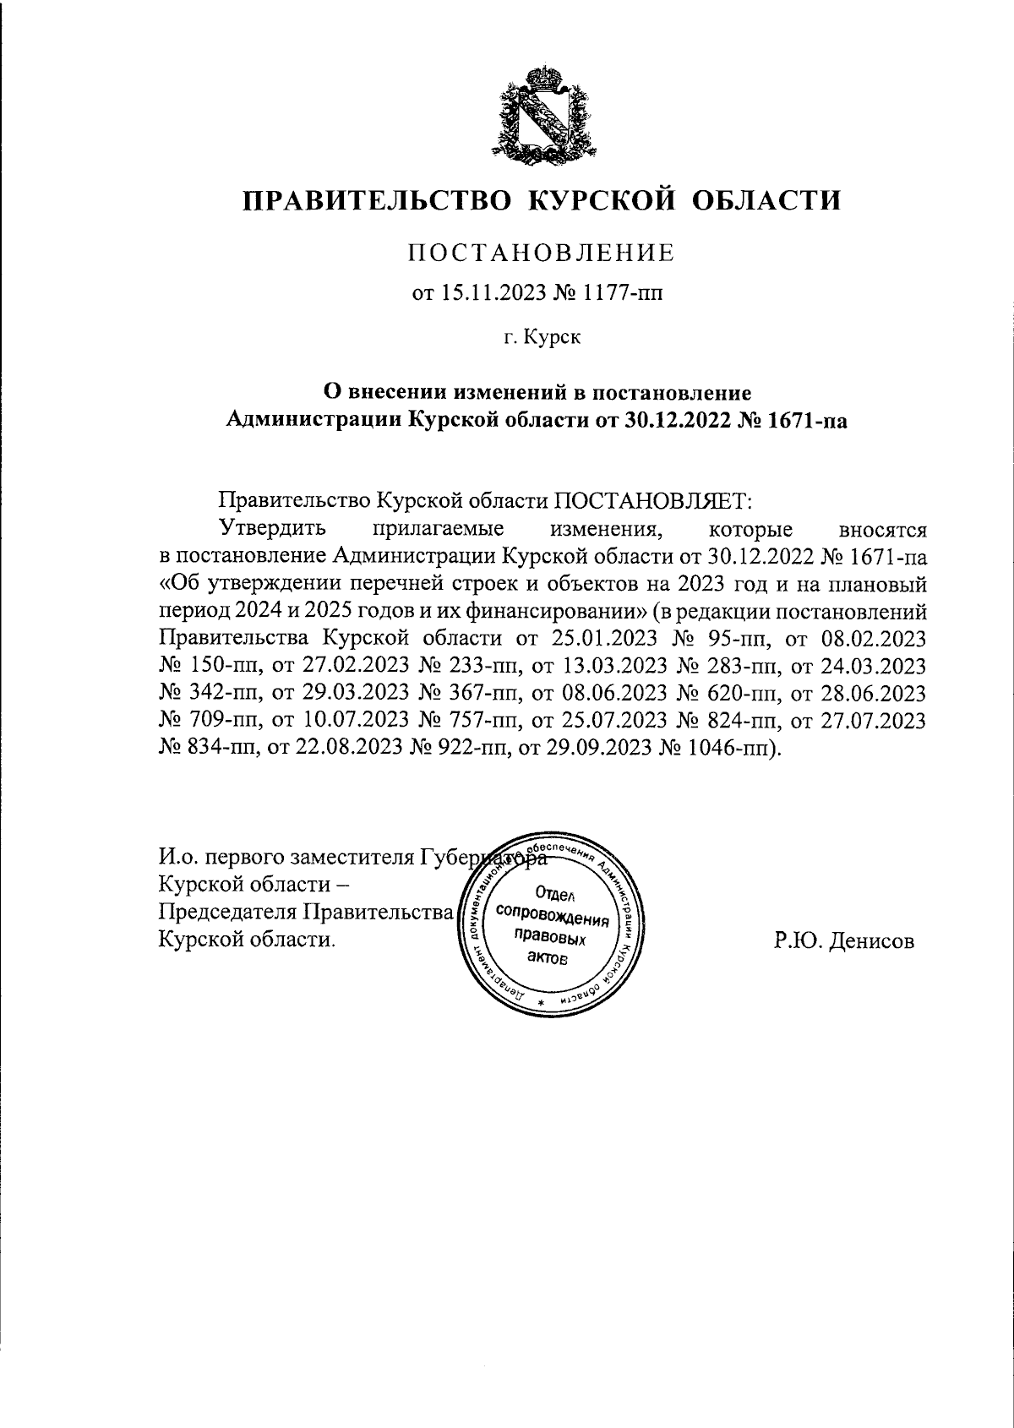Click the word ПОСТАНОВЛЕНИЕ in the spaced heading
click(x=542, y=252)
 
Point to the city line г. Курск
click(x=542, y=338)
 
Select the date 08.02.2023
click(x=878, y=639)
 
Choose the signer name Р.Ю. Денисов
click(x=843, y=940)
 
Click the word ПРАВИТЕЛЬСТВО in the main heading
click(x=379, y=201)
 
